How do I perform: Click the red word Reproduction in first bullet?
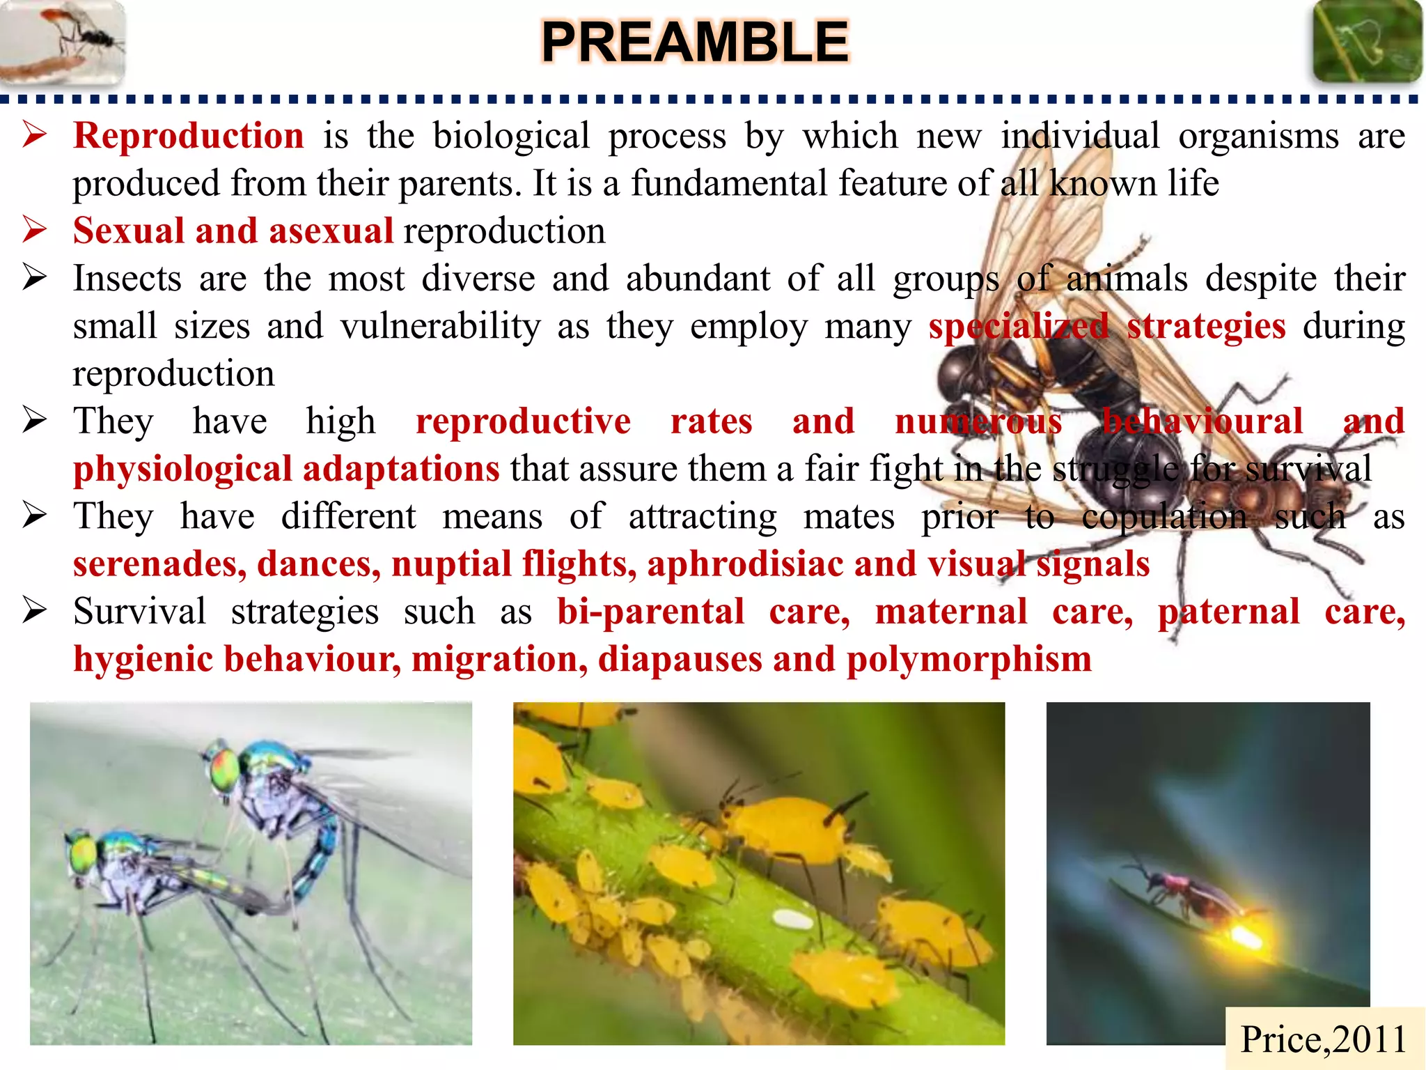(188, 135)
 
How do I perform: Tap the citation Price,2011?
(1323, 1039)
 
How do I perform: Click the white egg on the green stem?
(792, 920)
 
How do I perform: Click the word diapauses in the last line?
(680, 659)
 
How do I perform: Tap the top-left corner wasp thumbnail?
(63, 42)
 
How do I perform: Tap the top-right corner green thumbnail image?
(1366, 42)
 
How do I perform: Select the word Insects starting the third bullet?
(127, 279)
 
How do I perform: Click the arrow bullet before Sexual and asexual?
(34, 229)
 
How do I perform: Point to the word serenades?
(159, 564)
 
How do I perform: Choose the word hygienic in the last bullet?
(143, 659)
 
